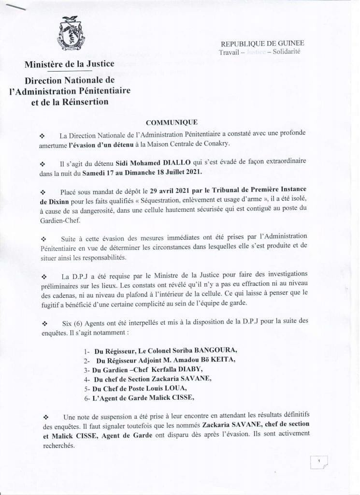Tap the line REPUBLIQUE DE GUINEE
[262, 44]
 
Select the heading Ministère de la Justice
[70, 64]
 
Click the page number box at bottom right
[318, 462]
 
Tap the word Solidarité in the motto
[286, 52]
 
